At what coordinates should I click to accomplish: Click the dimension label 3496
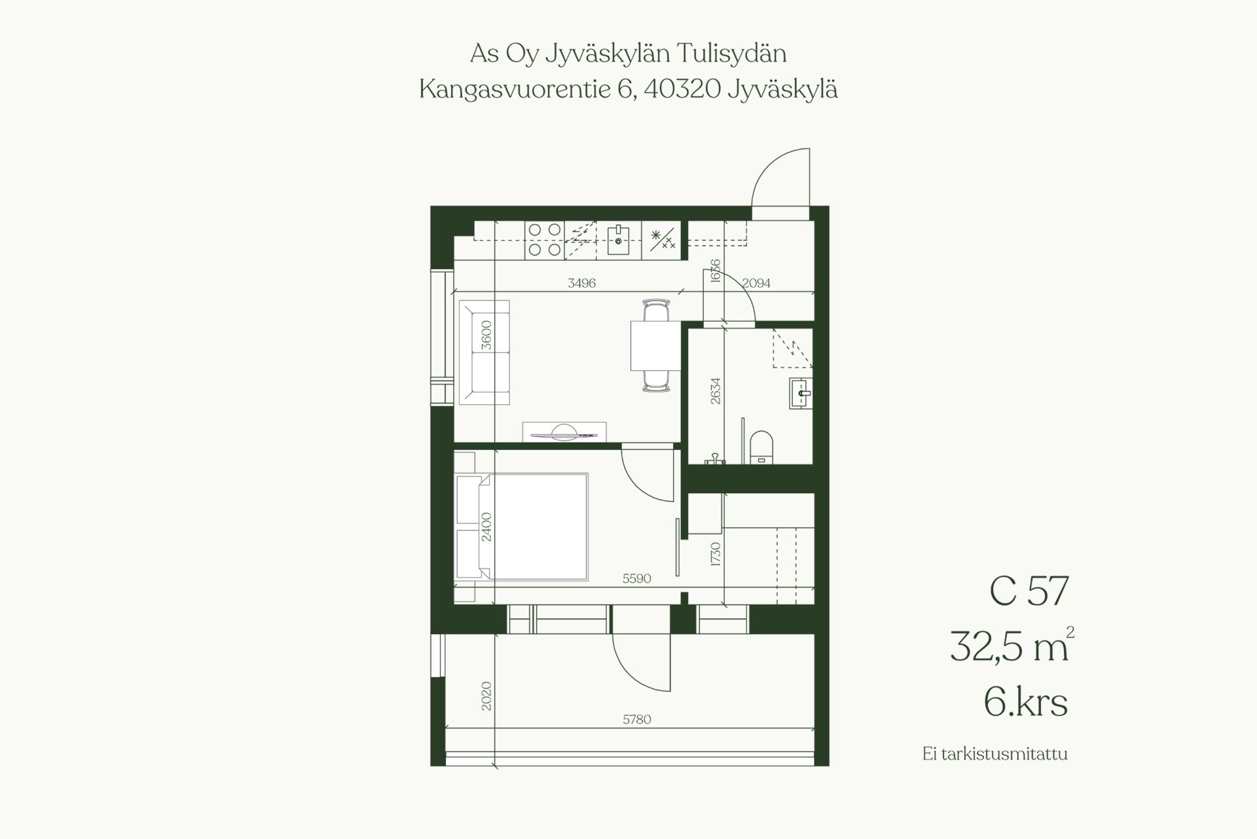(581, 283)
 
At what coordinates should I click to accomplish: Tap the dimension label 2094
(756, 283)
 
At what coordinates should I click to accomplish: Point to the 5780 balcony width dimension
(636, 719)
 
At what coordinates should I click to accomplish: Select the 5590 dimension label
(636, 579)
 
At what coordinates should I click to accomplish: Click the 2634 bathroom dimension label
(716, 390)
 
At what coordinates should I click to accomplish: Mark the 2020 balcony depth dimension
(486, 696)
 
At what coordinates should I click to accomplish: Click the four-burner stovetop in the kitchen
(545, 240)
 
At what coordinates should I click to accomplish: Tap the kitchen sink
(618, 240)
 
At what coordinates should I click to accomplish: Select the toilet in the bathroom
(761, 447)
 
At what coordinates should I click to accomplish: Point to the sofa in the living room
(484, 352)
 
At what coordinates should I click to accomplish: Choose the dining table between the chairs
(651, 346)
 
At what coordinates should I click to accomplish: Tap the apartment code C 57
(1029, 591)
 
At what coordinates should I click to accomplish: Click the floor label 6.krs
(1025, 702)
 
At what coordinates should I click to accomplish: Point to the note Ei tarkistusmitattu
(994, 754)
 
